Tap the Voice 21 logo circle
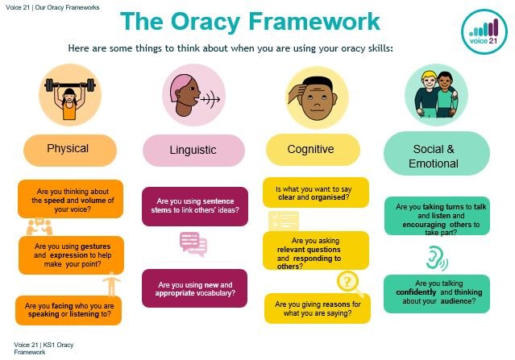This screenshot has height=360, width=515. pos(486,29)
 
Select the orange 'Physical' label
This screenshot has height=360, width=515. pos(68,149)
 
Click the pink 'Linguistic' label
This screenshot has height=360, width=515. pos(193,151)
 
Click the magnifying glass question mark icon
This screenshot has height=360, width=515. pos(347,282)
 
